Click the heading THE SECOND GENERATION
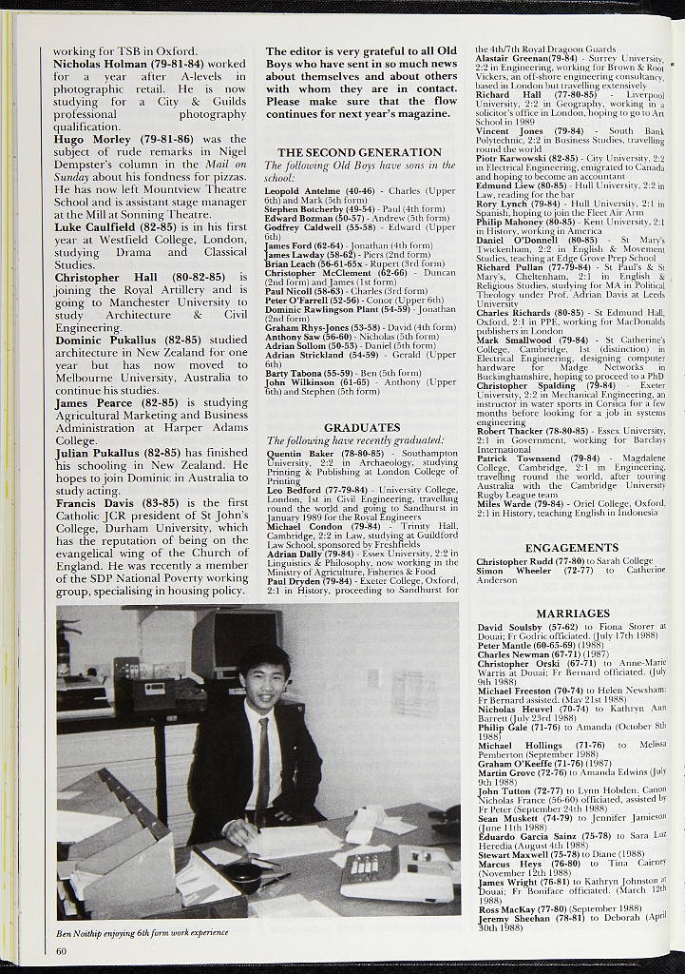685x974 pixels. point(359,152)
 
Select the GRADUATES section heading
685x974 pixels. point(362,428)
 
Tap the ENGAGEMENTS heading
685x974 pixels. point(572,548)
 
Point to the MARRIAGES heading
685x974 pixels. point(573,614)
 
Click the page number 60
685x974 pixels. point(63,951)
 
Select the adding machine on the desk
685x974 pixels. point(397,873)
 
